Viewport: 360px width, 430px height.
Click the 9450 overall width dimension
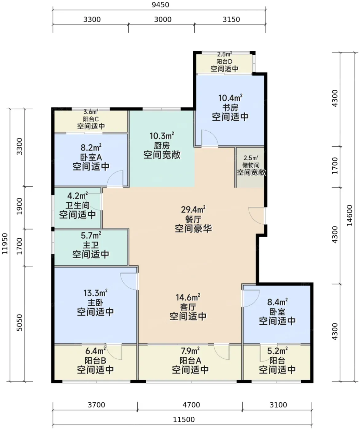(160, 5)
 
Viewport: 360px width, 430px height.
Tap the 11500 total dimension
(184, 420)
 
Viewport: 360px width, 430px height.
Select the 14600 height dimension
(350, 215)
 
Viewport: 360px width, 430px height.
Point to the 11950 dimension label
(5, 244)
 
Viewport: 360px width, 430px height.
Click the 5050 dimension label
(19, 323)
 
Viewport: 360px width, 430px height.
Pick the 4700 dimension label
(191, 405)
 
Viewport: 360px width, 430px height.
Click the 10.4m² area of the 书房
(230, 98)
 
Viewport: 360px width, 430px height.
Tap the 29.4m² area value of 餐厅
(193, 209)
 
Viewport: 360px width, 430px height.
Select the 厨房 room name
(162, 146)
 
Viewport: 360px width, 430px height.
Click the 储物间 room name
(251, 165)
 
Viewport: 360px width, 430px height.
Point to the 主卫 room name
(91, 245)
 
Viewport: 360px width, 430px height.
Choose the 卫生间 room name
(77, 205)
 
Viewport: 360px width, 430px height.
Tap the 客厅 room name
(188, 307)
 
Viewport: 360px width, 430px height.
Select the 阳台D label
(224, 61)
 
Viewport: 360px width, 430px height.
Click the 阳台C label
(91, 119)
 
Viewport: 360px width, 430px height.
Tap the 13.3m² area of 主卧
(95, 293)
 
